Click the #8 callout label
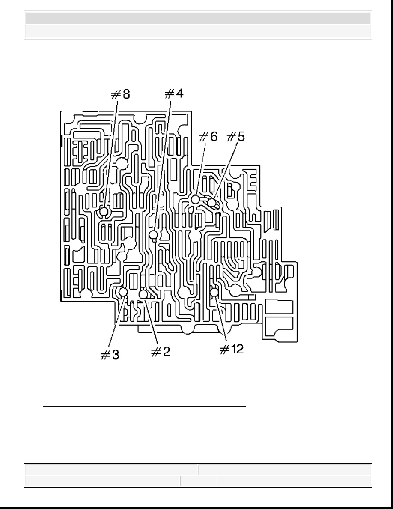click(121, 94)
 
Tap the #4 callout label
click(174, 93)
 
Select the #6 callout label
click(208, 137)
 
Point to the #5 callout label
click(236, 137)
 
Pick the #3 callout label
click(110, 355)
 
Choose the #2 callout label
click(161, 352)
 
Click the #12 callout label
click(232, 349)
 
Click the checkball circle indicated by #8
click(104, 212)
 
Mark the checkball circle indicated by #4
click(154, 234)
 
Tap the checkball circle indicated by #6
click(195, 199)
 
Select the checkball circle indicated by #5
click(211, 203)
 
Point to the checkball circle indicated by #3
click(123, 292)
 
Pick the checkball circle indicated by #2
click(143, 294)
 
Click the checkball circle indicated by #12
click(214, 292)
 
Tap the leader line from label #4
click(162, 167)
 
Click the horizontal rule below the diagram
click(145, 406)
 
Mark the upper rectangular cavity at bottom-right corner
click(279, 307)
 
